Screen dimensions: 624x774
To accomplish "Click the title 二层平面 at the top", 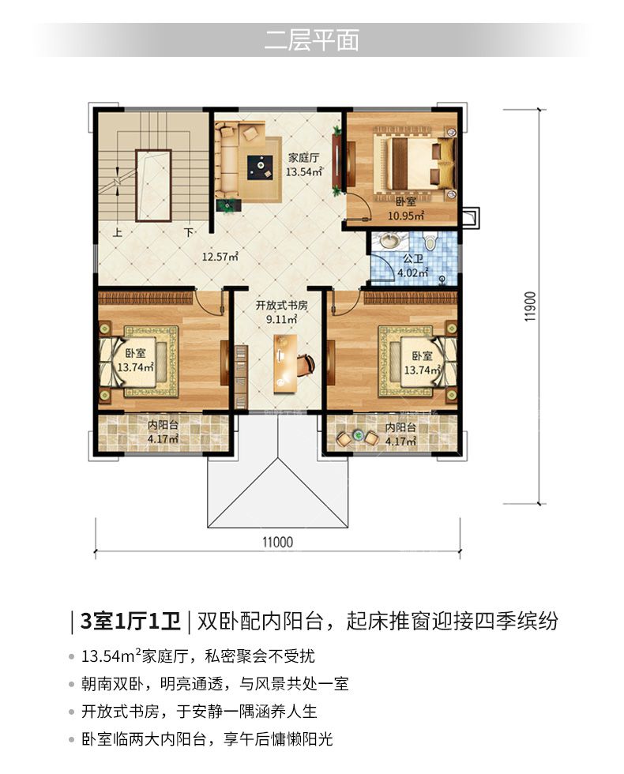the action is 311,40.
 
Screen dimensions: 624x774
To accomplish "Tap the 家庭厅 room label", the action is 303,158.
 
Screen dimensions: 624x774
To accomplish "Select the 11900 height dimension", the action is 530,306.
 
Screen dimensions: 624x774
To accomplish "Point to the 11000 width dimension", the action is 277,542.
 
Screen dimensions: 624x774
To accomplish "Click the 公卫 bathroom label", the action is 412,259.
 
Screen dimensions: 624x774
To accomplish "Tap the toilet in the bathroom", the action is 430,242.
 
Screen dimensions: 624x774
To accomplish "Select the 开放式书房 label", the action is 281,305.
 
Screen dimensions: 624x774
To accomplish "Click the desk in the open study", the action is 286,364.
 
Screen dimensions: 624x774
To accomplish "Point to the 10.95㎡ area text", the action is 406,215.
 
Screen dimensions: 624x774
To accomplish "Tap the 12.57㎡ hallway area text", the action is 220,256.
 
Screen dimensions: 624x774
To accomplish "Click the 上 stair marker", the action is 117,232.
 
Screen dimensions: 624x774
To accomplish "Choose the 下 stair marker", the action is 189,232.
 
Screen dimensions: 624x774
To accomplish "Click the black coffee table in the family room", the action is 260,166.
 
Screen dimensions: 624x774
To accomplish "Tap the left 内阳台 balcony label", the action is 164,425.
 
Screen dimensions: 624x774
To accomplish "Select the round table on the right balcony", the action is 356,437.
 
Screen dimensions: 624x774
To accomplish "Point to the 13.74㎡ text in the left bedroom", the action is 136,367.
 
